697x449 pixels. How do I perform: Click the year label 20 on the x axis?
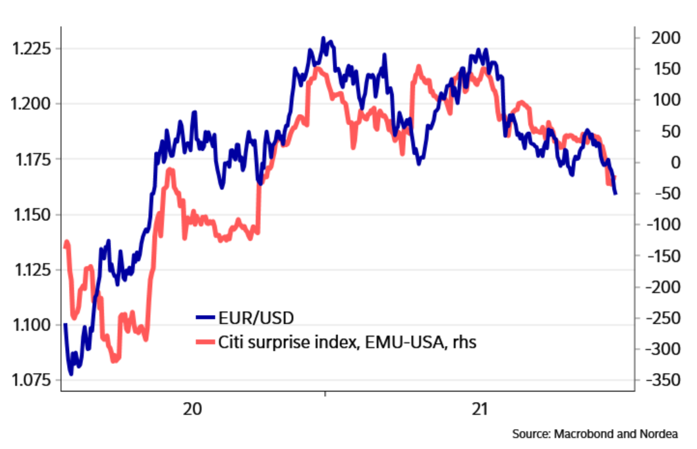tap(192, 410)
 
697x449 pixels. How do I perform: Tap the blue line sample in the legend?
tap(204, 318)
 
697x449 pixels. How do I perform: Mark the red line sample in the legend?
tap(204, 341)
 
